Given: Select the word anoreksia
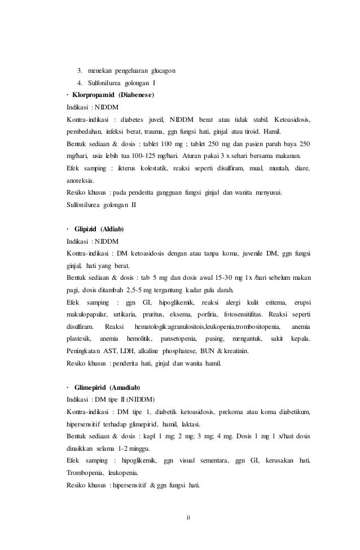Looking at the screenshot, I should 80,181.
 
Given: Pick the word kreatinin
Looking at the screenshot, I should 239,351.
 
